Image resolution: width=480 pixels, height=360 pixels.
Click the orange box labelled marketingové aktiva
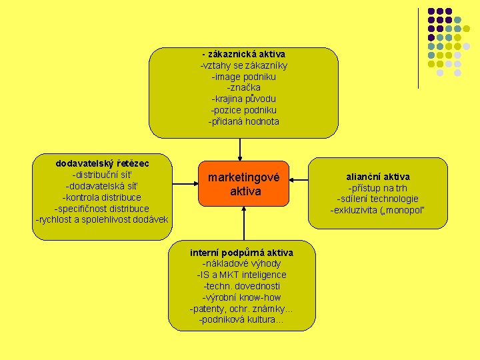point(243,184)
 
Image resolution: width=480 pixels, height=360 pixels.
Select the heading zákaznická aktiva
point(244,53)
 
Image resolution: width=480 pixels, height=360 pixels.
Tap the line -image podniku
point(244,77)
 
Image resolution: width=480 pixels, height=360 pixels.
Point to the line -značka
point(244,87)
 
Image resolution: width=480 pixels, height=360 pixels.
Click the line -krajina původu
point(244,99)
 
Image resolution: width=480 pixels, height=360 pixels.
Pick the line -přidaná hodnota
point(244,121)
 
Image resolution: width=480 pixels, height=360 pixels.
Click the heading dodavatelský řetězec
point(103,163)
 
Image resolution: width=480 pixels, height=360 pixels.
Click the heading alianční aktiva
point(378,177)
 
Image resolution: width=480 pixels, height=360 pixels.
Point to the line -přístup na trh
point(378,188)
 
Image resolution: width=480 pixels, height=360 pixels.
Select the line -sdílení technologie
point(378,199)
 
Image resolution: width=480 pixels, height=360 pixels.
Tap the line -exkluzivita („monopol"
point(378,211)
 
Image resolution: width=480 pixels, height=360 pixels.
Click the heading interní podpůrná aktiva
point(241,252)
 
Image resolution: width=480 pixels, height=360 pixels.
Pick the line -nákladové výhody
point(241,263)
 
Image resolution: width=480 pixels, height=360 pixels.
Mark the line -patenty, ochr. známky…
point(241,309)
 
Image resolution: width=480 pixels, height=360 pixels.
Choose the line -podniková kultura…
point(241,320)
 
